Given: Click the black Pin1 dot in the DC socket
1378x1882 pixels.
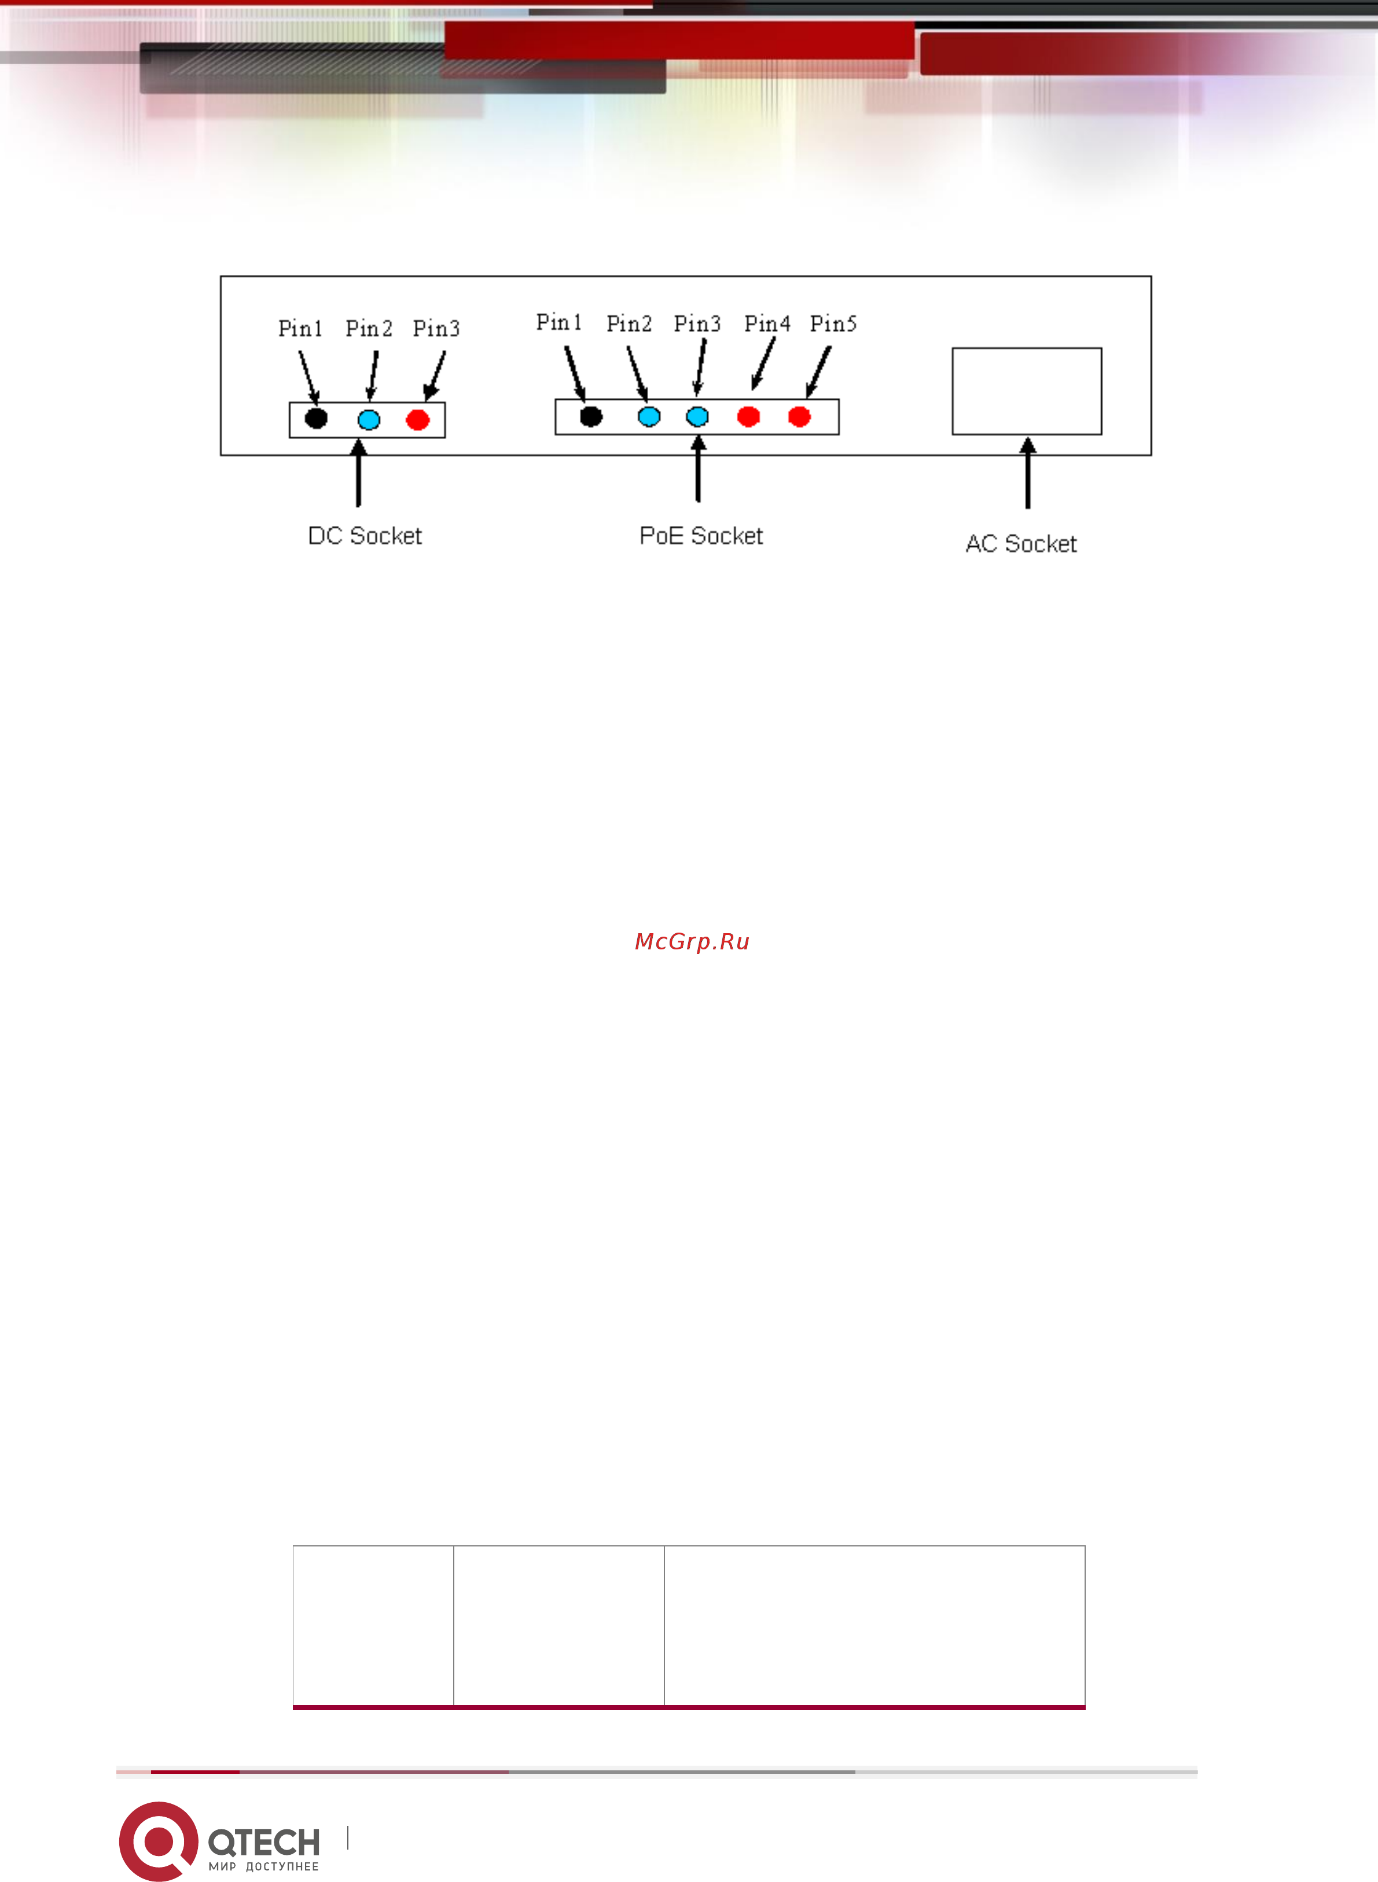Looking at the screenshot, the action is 315,418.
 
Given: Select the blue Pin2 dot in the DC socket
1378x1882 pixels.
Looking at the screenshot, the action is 369,419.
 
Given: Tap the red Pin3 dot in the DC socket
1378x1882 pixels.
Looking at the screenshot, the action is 418,419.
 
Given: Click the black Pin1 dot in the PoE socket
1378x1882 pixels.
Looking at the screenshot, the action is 590,416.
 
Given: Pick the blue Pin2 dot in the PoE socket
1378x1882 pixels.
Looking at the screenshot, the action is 649,416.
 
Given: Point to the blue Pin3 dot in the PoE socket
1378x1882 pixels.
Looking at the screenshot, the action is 697,416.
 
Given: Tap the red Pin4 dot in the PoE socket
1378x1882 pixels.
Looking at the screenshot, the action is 748,416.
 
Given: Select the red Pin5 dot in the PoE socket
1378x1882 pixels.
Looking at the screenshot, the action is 799,416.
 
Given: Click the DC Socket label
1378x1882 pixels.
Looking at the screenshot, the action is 365,535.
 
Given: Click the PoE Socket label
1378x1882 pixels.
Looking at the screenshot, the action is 701,535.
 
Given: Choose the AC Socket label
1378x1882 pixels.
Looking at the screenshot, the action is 1021,544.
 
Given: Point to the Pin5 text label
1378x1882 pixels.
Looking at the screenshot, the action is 833,323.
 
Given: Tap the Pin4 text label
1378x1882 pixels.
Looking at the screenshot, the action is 767,323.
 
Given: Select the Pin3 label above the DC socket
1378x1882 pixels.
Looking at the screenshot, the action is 436,327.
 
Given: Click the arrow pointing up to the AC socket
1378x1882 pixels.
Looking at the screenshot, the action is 1028,472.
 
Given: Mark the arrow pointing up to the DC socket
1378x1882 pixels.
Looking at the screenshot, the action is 359,472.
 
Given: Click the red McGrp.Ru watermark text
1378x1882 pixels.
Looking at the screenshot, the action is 692,941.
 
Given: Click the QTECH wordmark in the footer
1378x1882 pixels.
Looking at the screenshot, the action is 263,1841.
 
